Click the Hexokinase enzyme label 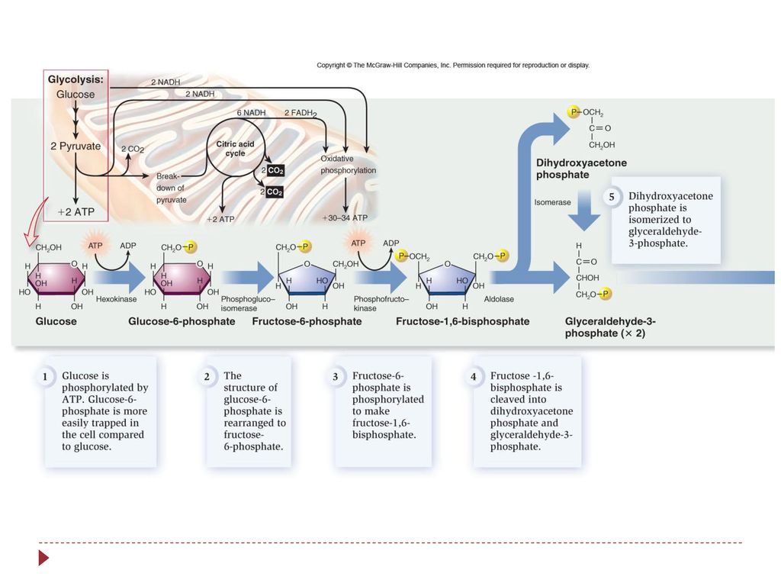point(116,299)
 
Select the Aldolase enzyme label point(499,299)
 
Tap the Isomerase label point(552,202)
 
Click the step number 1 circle point(45,377)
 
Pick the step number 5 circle point(612,197)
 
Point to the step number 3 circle point(336,377)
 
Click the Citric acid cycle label point(235,149)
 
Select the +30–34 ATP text point(345,217)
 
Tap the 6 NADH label point(251,113)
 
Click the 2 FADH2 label point(301,113)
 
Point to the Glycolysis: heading point(76,79)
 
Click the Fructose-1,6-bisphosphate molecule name point(463,321)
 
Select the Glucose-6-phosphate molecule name point(182,321)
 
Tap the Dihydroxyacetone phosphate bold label point(581,169)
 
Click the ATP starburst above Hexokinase point(95,245)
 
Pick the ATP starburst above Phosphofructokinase point(358,243)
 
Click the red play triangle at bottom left point(43,558)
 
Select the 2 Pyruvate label point(76,146)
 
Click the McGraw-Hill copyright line point(453,66)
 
